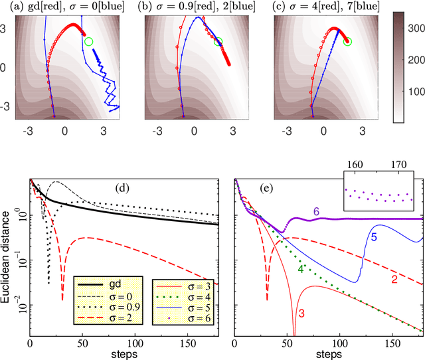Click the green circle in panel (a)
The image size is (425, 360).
pos(89,41)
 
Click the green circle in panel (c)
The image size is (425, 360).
pos(347,42)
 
